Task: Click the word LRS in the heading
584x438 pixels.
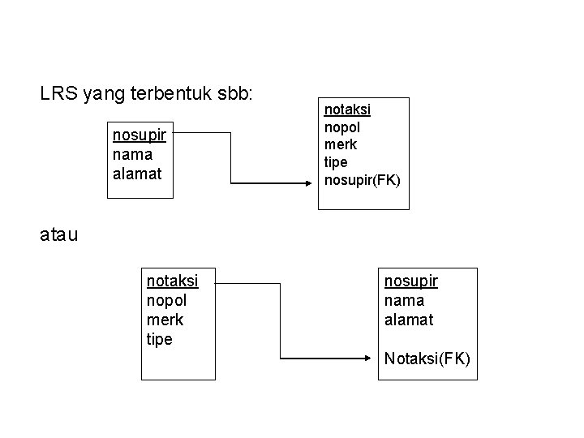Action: click(57, 94)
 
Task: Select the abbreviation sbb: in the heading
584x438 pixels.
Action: click(235, 94)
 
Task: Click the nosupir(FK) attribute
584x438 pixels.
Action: click(362, 180)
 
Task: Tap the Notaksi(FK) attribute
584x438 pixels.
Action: click(427, 358)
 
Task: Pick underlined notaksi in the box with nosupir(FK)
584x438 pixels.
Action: click(347, 109)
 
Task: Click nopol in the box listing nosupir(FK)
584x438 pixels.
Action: click(342, 127)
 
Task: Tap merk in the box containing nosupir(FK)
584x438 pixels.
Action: click(341, 144)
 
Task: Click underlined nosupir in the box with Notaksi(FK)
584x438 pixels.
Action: click(411, 281)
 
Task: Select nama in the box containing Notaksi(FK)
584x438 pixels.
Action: click(403, 300)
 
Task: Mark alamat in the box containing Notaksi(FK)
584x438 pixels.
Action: click(409, 320)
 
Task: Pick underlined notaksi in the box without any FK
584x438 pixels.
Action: click(172, 281)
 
